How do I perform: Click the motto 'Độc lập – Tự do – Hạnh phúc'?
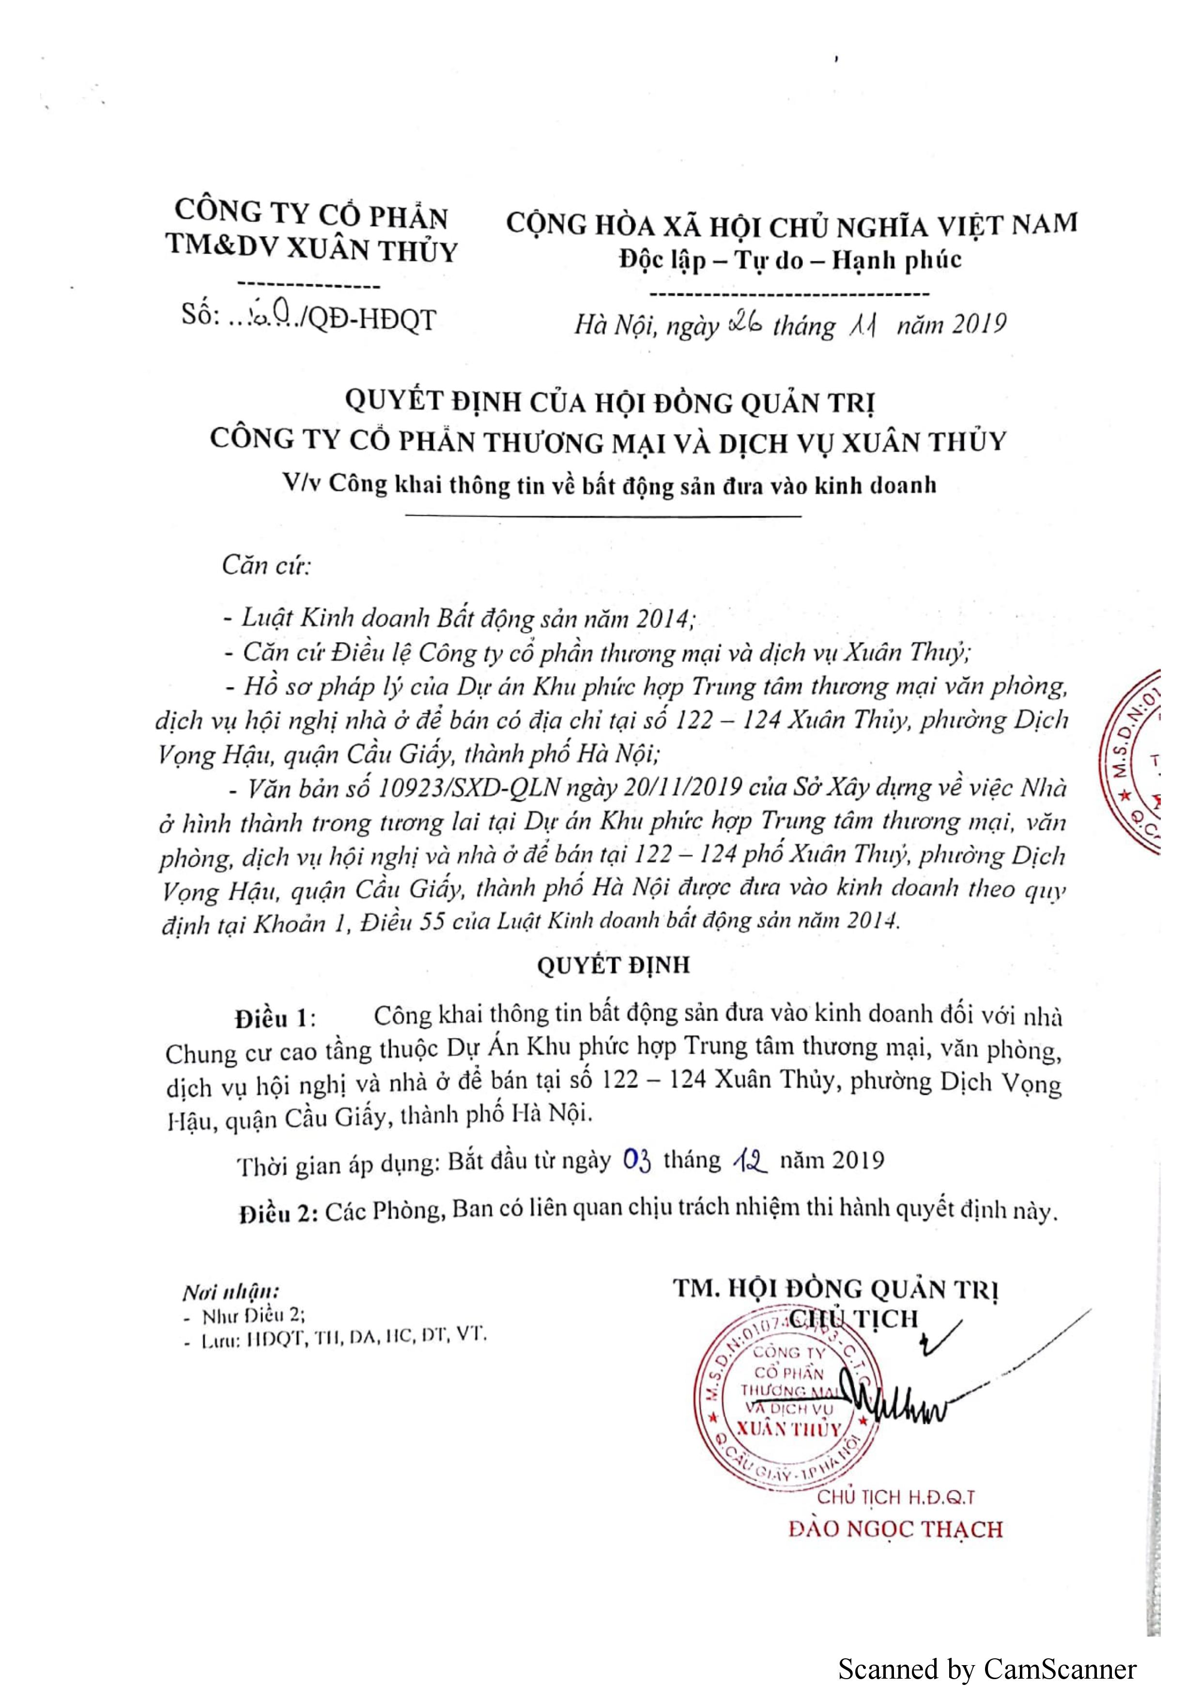790,260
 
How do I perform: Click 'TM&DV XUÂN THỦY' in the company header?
311,249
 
